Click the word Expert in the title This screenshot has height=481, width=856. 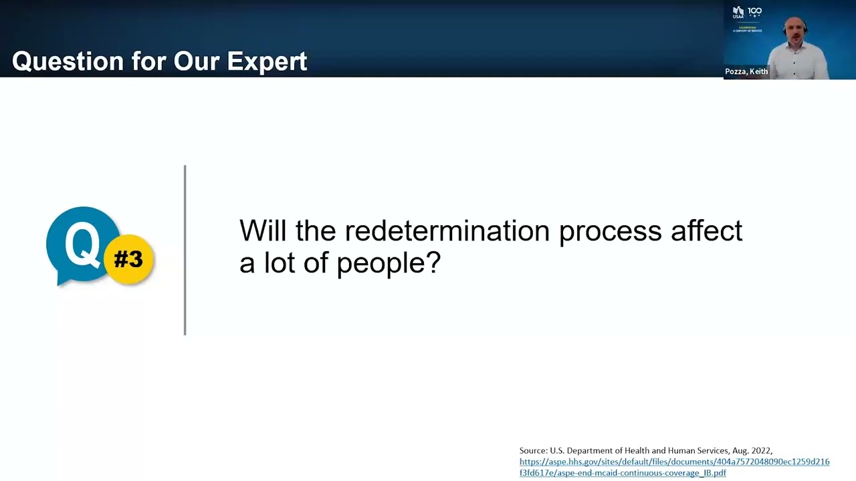pos(267,61)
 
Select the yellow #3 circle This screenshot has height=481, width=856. pos(128,259)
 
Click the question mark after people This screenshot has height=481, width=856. pos(433,262)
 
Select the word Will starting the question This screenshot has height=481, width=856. pos(263,231)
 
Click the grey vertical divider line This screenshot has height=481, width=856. pos(185,251)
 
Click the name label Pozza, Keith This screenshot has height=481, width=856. pos(746,71)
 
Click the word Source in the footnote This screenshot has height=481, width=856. pos(533,451)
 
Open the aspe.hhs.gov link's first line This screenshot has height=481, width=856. pos(674,462)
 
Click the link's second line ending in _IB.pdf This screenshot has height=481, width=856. pos(622,472)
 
